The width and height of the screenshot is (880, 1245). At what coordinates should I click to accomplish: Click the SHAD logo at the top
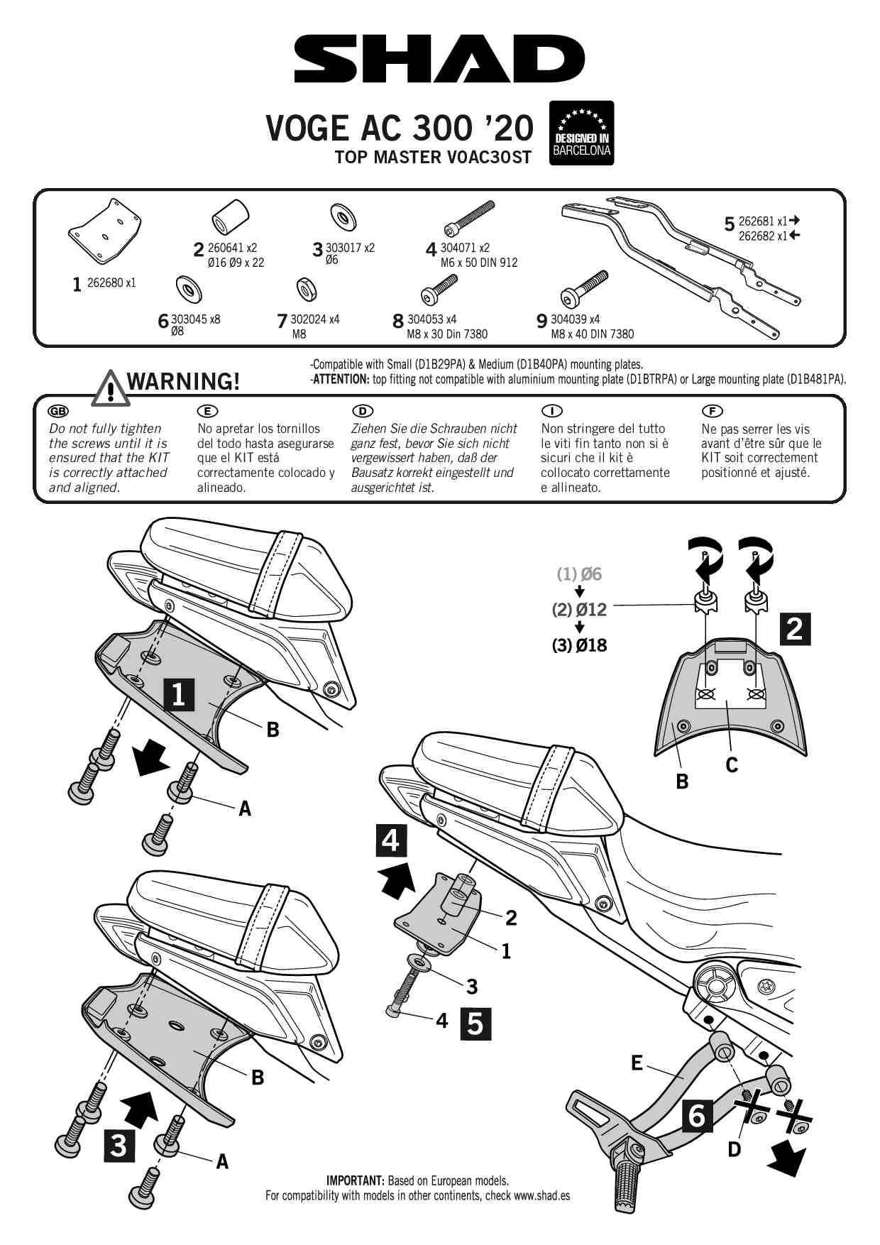(x=439, y=61)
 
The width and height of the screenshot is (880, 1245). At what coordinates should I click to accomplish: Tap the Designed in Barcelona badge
(x=581, y=133)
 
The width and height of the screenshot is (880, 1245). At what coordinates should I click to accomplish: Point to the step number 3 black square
(x=119, y=1146)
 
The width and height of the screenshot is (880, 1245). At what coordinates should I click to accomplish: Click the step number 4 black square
(x=391, y=841)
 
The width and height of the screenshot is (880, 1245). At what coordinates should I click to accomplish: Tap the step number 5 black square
(x=475, y=1024)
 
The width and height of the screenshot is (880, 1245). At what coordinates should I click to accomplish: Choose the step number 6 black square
(x=697, y=1117)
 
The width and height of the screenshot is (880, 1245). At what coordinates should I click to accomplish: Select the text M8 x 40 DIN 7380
(x=593, y=334)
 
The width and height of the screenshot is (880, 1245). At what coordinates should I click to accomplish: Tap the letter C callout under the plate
(x=732, y=764)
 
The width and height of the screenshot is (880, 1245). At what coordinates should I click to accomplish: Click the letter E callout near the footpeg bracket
(x=637, y=1063)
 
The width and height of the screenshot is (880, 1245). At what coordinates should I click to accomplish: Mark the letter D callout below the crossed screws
(x=735, y=1148)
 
